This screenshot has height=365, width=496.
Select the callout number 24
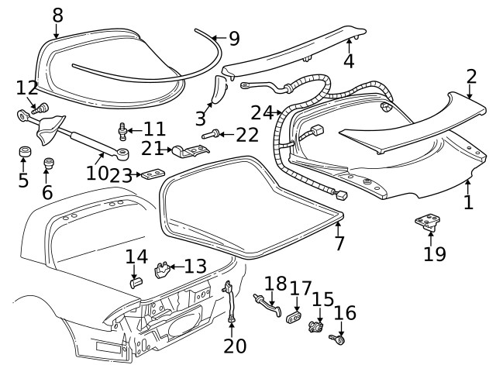pyautogui.click(x=262, y=113)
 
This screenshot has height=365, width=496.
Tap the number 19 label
pyautogui.click(x=436, y=253)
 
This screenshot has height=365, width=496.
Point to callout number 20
pyautogui.click(x=233, y=345)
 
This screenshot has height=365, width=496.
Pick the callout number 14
pyautogui.click(x=136, y=257)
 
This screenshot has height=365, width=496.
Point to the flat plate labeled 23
pyautogui.click(x=153, y=174)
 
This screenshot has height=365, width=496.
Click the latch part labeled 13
pyautogui.click(x=162, y=270)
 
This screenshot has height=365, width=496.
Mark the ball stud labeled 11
pyautogui.click(x=122, y=130)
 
